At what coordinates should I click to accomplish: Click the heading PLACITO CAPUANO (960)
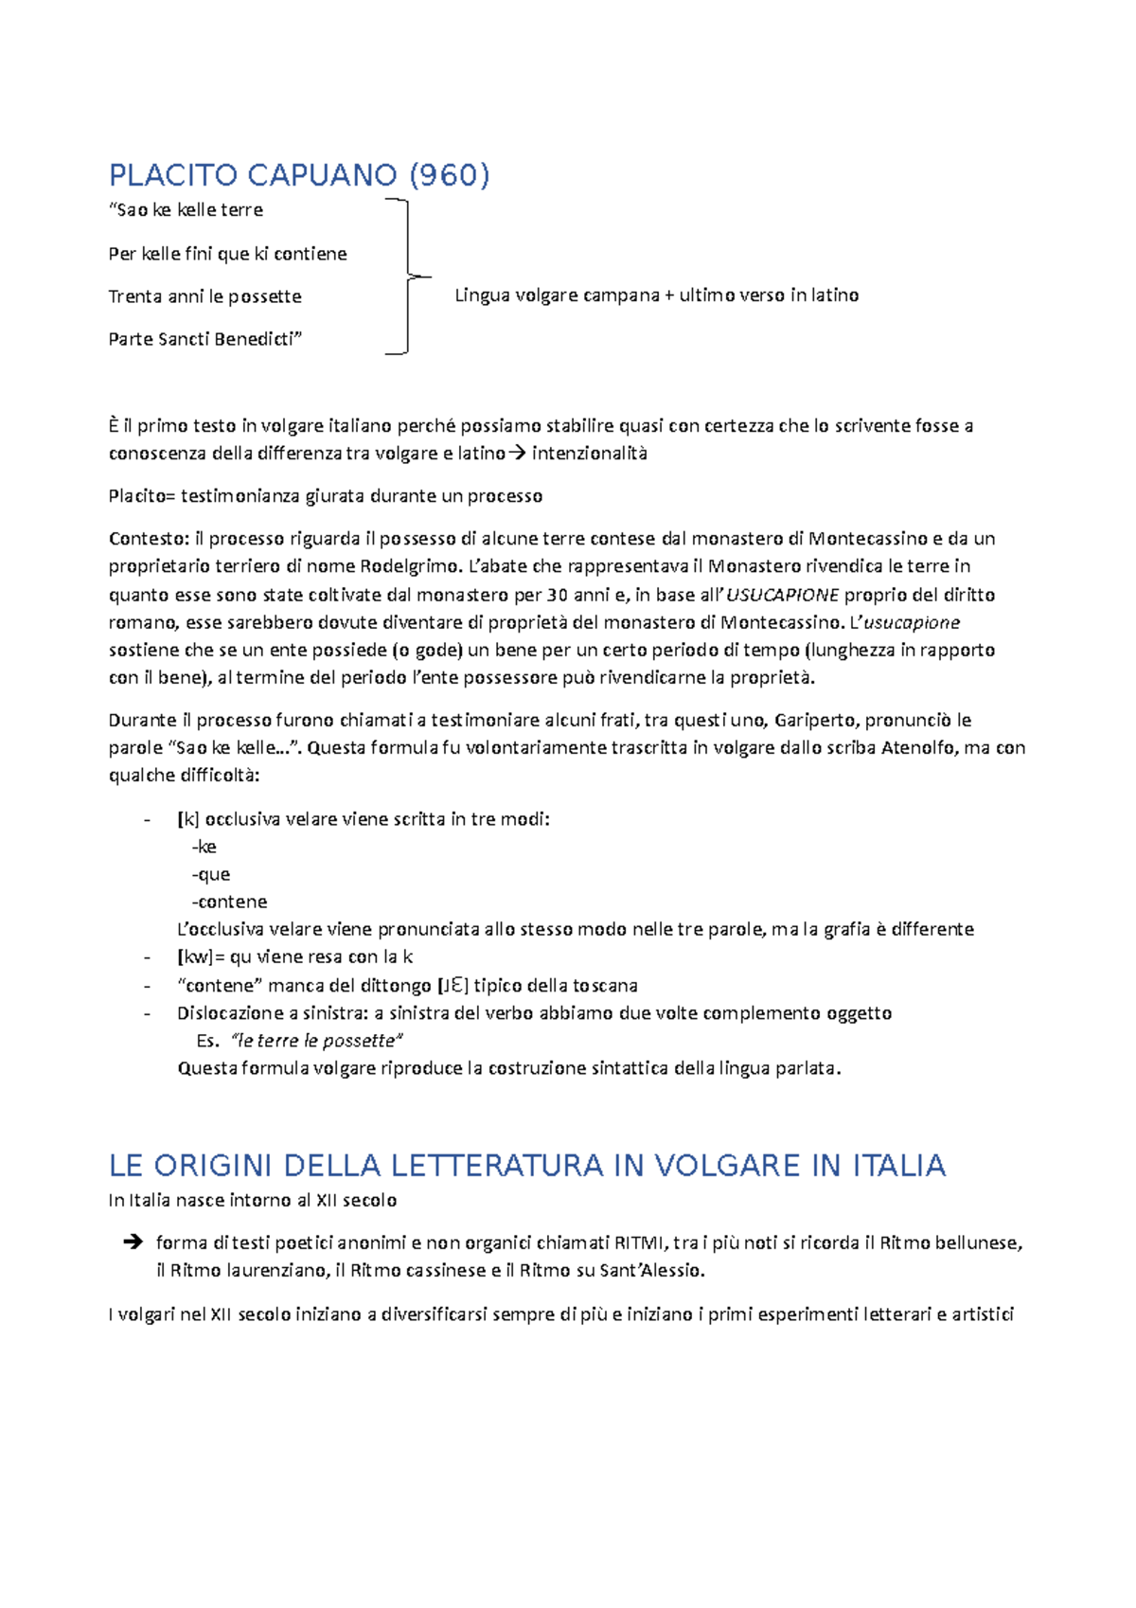tap(299, 175)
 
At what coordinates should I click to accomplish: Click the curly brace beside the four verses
tap(408, 277)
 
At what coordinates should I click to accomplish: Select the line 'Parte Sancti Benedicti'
tap(204, 339)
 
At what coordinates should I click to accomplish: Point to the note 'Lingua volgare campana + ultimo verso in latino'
tap(656, 295)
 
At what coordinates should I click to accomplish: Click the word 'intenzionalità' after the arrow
tap(590, 454)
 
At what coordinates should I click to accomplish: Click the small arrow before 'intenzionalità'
tap(517, 454)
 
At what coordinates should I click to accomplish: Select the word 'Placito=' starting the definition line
tap(142, 496)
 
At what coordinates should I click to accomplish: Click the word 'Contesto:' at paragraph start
tap(149, 539)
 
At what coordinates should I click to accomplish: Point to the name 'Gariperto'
tap(815, 720)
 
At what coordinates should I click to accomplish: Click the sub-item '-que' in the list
tap(211, 874)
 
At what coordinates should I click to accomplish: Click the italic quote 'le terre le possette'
tap(317, 1041)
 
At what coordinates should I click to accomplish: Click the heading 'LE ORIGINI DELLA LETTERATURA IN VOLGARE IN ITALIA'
tap(527, 1166)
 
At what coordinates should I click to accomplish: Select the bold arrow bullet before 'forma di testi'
tap(133, 1242)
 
